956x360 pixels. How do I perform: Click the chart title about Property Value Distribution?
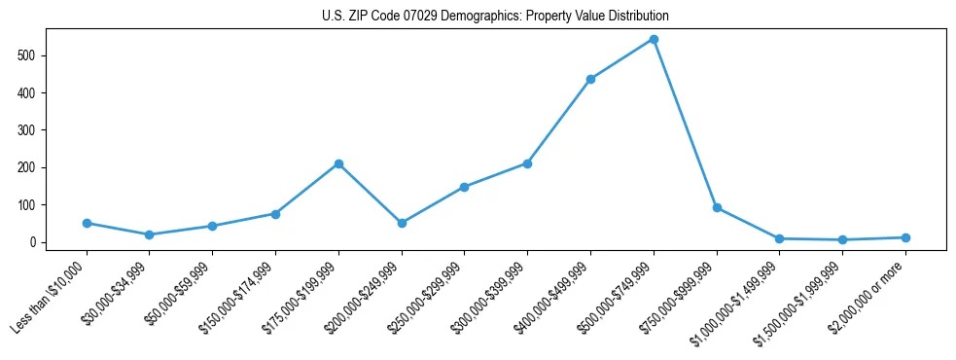495,17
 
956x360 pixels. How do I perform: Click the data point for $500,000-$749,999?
654,40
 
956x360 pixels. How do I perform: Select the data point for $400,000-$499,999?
590,79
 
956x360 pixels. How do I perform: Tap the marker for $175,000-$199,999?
338,163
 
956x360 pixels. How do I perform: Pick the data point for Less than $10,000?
87,223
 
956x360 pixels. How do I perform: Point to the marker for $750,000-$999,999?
717,207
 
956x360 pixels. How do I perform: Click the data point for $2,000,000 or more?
905,237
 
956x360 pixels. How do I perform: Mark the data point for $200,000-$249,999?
402,223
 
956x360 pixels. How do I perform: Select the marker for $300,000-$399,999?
527,163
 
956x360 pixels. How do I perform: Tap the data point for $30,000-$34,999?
149,234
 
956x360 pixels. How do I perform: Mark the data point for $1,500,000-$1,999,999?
842,239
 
